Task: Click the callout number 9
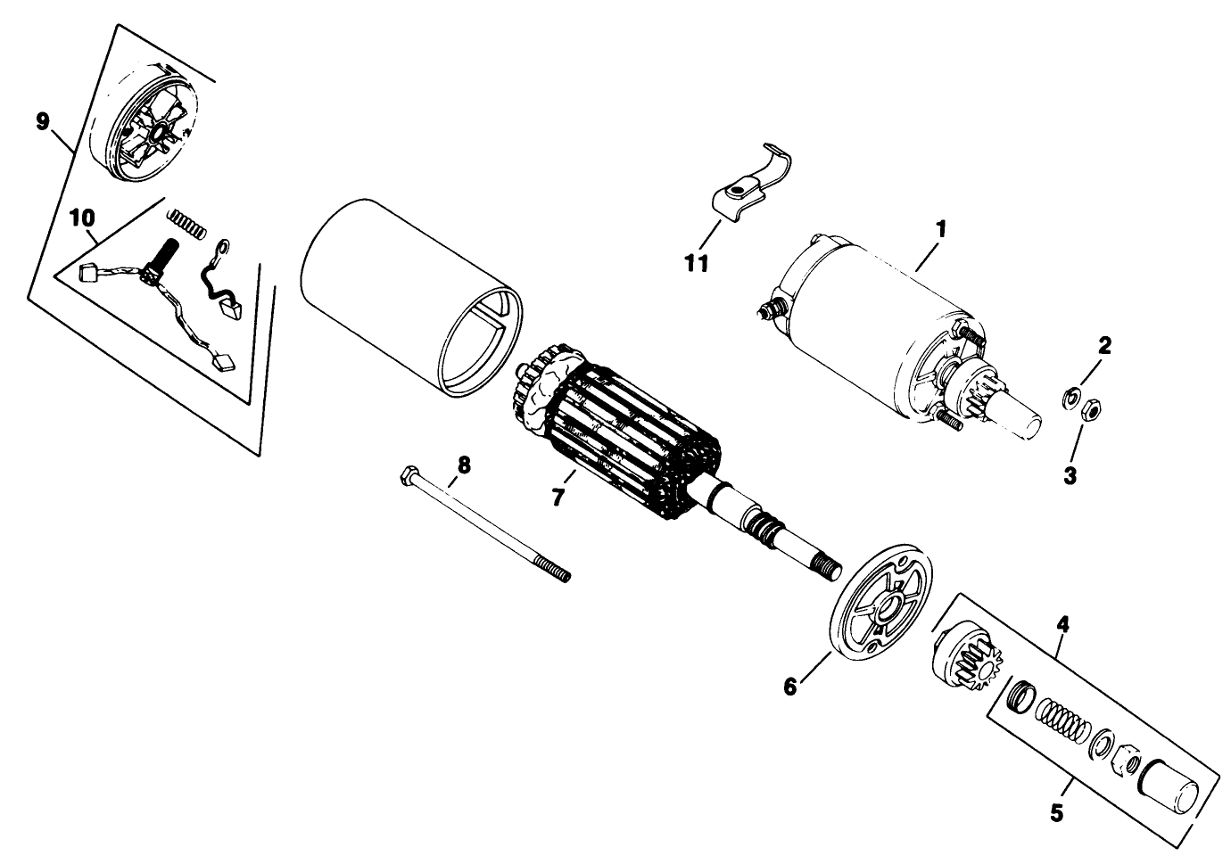(43, 121)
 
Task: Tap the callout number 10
(82, 218)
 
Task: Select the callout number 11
(697, 264)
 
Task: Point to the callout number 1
(941, 229)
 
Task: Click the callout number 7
(558, 498)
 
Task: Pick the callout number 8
(464, 465)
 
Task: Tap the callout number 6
(790, 687)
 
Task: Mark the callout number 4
(1063, 624)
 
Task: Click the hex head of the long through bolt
(409, 474)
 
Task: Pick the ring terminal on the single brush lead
(224, 247)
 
